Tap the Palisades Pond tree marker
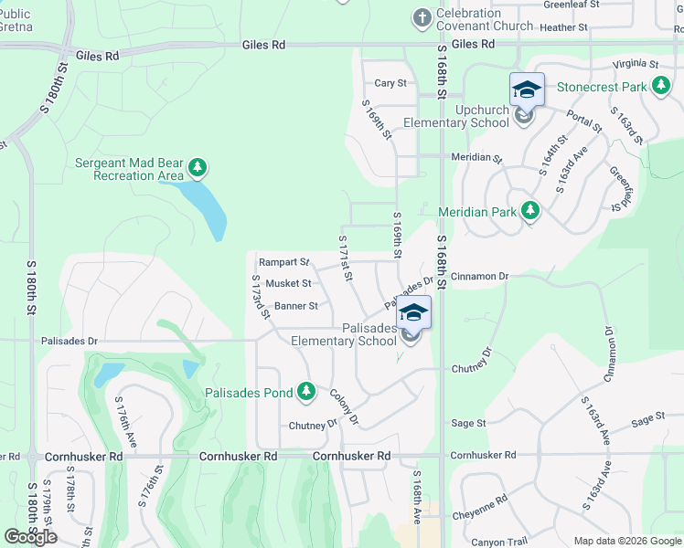306,393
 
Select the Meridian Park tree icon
529,211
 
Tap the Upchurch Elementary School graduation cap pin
527,90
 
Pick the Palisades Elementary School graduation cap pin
413,313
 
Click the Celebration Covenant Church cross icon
422,17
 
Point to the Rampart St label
284,262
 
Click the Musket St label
288,284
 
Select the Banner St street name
295,306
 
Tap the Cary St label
390,83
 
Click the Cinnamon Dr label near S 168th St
479,275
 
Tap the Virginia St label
636,64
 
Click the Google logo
30,537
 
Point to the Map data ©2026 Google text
626,541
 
